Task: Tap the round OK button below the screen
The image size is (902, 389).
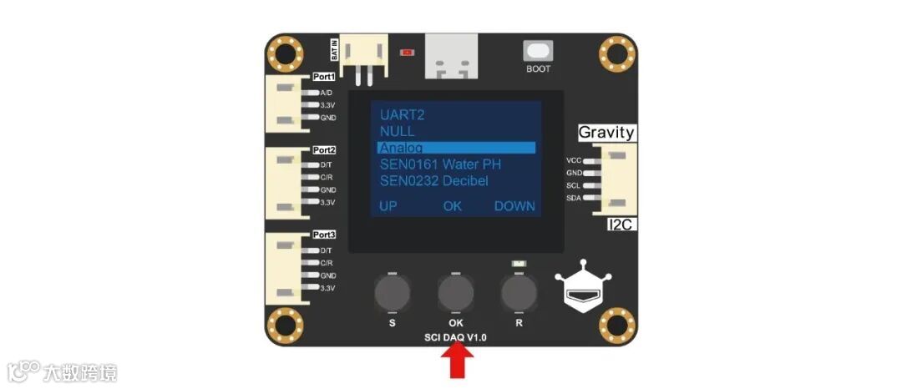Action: click(x=455, y=292)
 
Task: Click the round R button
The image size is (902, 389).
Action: click(x=518, y=292)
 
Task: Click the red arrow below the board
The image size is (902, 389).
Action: click(x=456, y=362)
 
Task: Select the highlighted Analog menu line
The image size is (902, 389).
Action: click(x=456, y=148)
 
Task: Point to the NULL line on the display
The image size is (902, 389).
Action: click(x=397, y=131)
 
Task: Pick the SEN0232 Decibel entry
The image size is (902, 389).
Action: click(x=434, y=181)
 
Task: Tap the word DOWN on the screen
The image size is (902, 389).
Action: click(x=514, y=206)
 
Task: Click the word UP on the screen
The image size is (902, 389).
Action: click(x=388, y=206)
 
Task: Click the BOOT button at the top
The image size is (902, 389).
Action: click(x=538, y=51)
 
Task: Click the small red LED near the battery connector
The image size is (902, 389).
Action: click(x=408, y=53)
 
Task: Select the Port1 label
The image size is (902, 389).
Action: click(x=324, y=77)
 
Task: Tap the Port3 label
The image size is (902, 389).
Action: click(x=324, y=235)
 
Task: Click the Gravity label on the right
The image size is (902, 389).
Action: click(x=607, y=133)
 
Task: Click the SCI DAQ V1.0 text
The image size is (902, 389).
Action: click(x=455, y=337)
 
